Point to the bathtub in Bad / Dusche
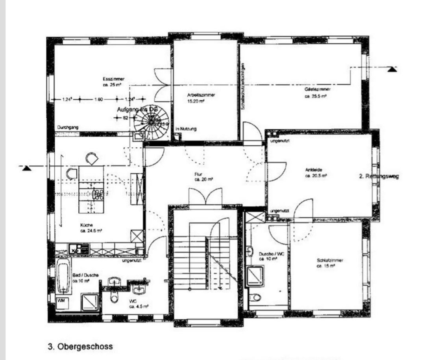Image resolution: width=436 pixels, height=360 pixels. [x=63, y=276]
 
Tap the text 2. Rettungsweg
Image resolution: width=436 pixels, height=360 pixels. [x=379, y=176]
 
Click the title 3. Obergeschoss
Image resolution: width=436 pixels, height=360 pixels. [x=80, y=347]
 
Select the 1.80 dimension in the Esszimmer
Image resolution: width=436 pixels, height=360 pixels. [x=98, y=100]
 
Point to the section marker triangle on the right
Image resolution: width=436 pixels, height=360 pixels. [x=391, y=69]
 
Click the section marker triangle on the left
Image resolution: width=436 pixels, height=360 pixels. [x=26, y=168]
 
